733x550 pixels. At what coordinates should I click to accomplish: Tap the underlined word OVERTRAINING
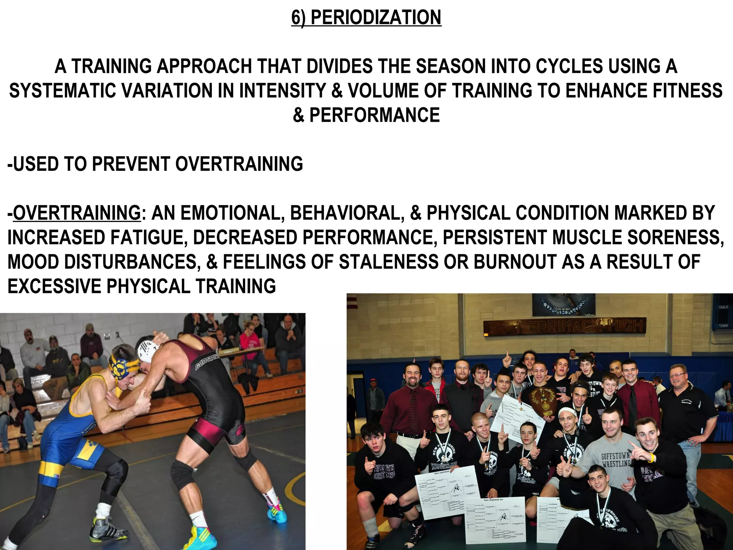pyautogui.click(x=77, y=213)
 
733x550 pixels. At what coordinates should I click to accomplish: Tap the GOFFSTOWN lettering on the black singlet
pyautogui.click(x=207, y=360)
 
